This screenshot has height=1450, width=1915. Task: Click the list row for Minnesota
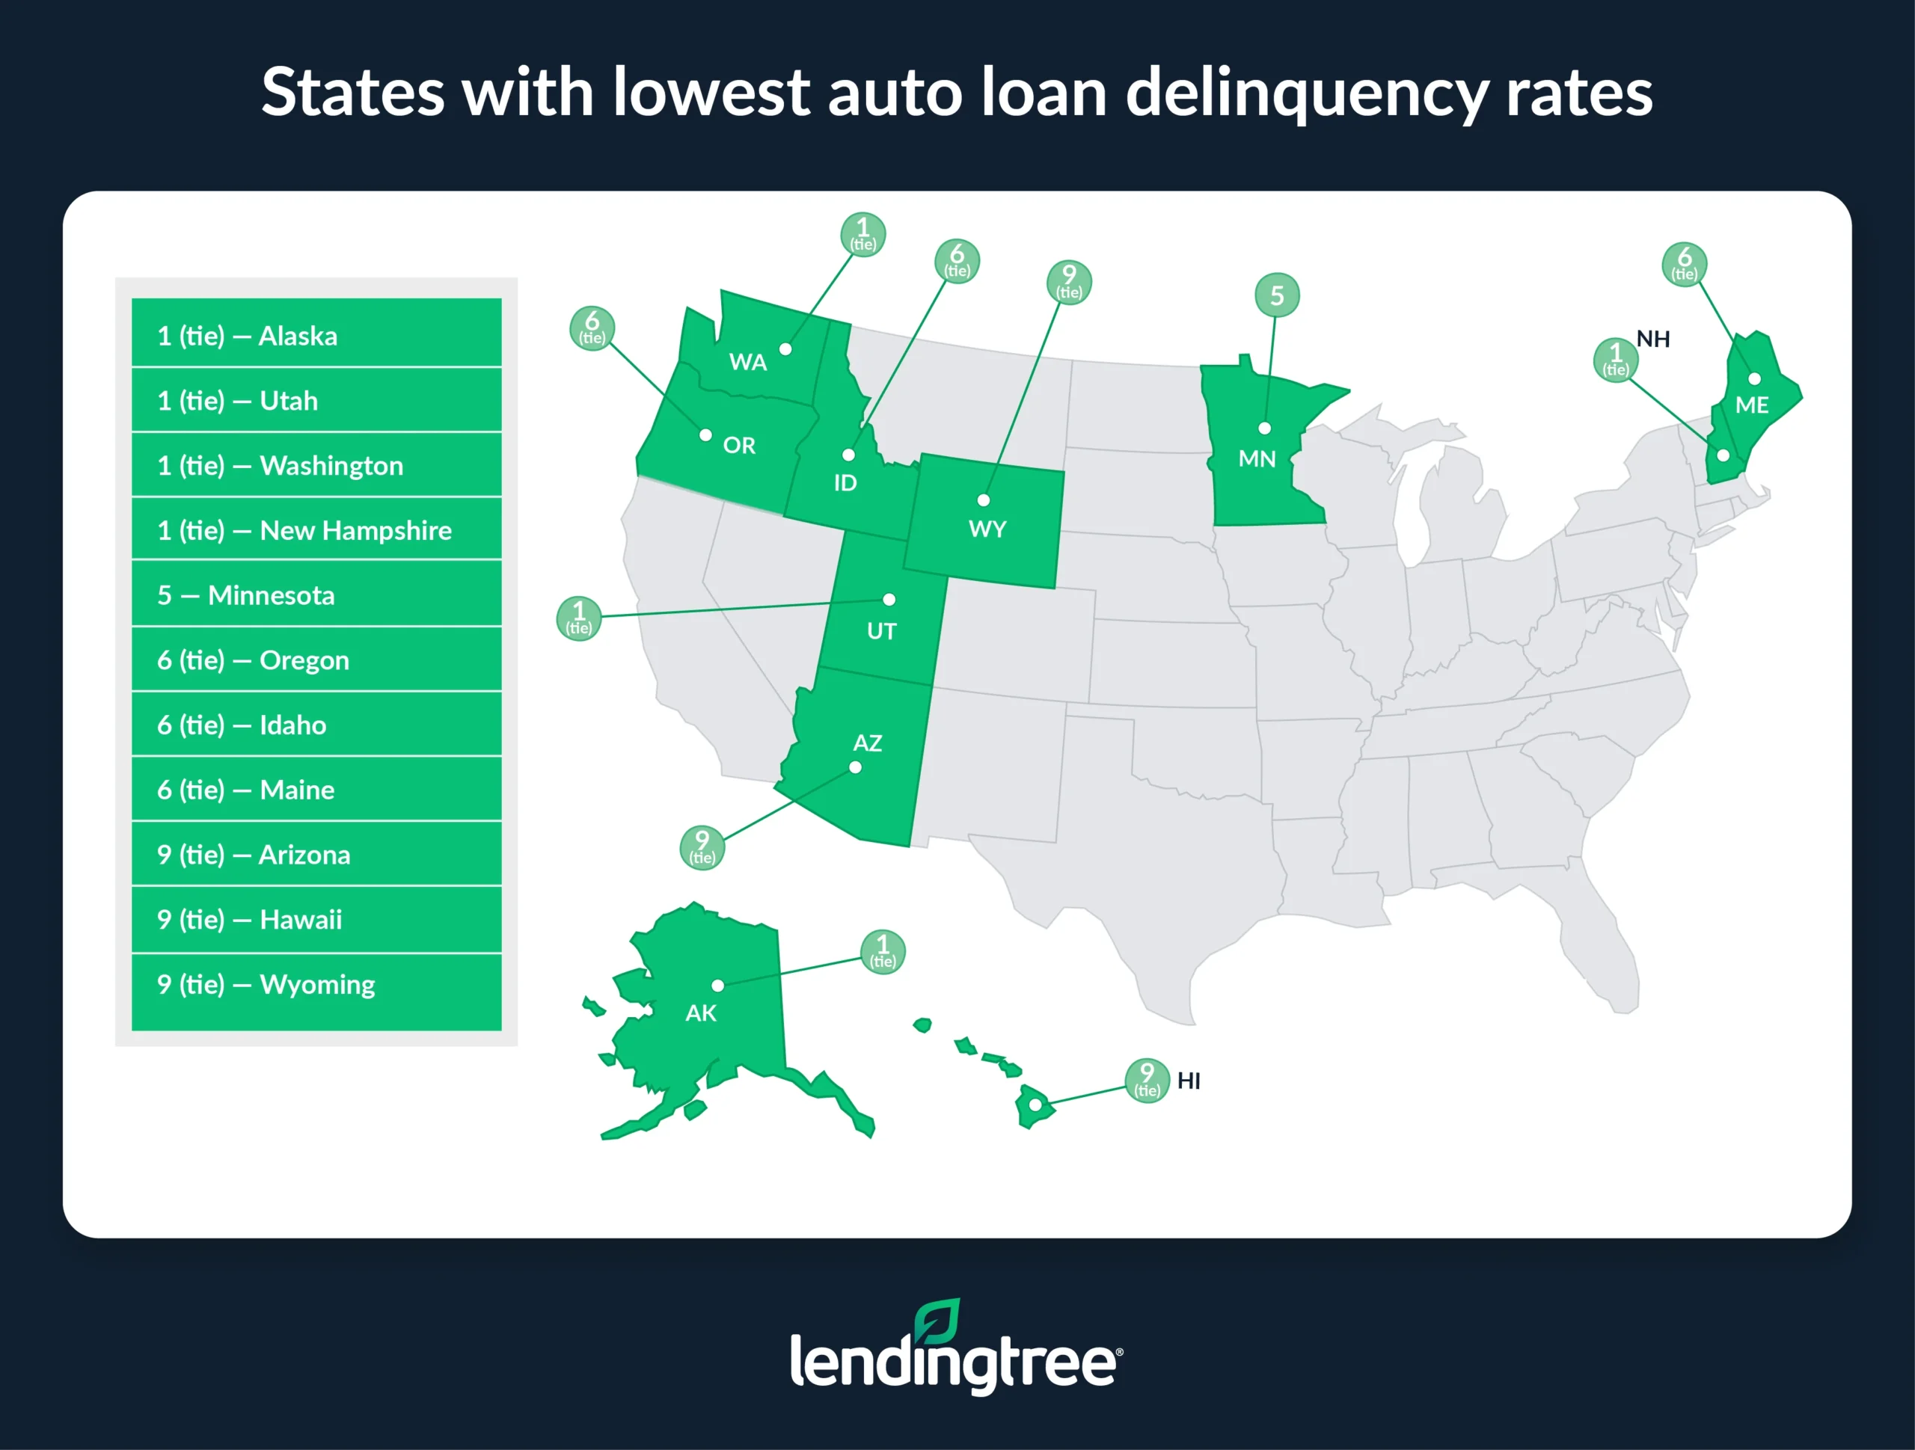coord(316,595)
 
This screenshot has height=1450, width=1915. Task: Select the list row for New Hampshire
coord(316,529)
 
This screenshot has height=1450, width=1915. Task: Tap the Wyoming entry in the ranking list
coord(316,984)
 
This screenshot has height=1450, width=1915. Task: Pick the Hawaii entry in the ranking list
coord(316,919)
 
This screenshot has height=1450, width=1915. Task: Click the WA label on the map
coord(748,362)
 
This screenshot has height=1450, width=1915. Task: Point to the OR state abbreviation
coord(739,445)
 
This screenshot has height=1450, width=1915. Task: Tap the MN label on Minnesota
coord(1257,459)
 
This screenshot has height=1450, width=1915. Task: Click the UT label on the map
coord(881,631)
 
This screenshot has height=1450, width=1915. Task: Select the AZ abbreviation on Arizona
coord(868,743)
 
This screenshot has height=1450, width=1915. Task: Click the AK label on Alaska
coord(701,1013)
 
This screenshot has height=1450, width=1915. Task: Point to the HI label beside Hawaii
coord(1189,1081)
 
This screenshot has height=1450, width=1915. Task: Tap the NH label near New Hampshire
coord(1652,340)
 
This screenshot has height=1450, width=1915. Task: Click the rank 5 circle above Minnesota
coord(1277,295)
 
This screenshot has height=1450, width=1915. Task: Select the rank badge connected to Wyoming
coord(1069,282)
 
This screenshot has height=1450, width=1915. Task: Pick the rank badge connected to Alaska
coord(883,951)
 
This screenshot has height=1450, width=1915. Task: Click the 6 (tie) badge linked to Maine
coord(1684,264)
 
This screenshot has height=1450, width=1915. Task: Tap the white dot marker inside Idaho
coord(848,455)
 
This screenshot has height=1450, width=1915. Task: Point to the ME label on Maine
coord(1752,405)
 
